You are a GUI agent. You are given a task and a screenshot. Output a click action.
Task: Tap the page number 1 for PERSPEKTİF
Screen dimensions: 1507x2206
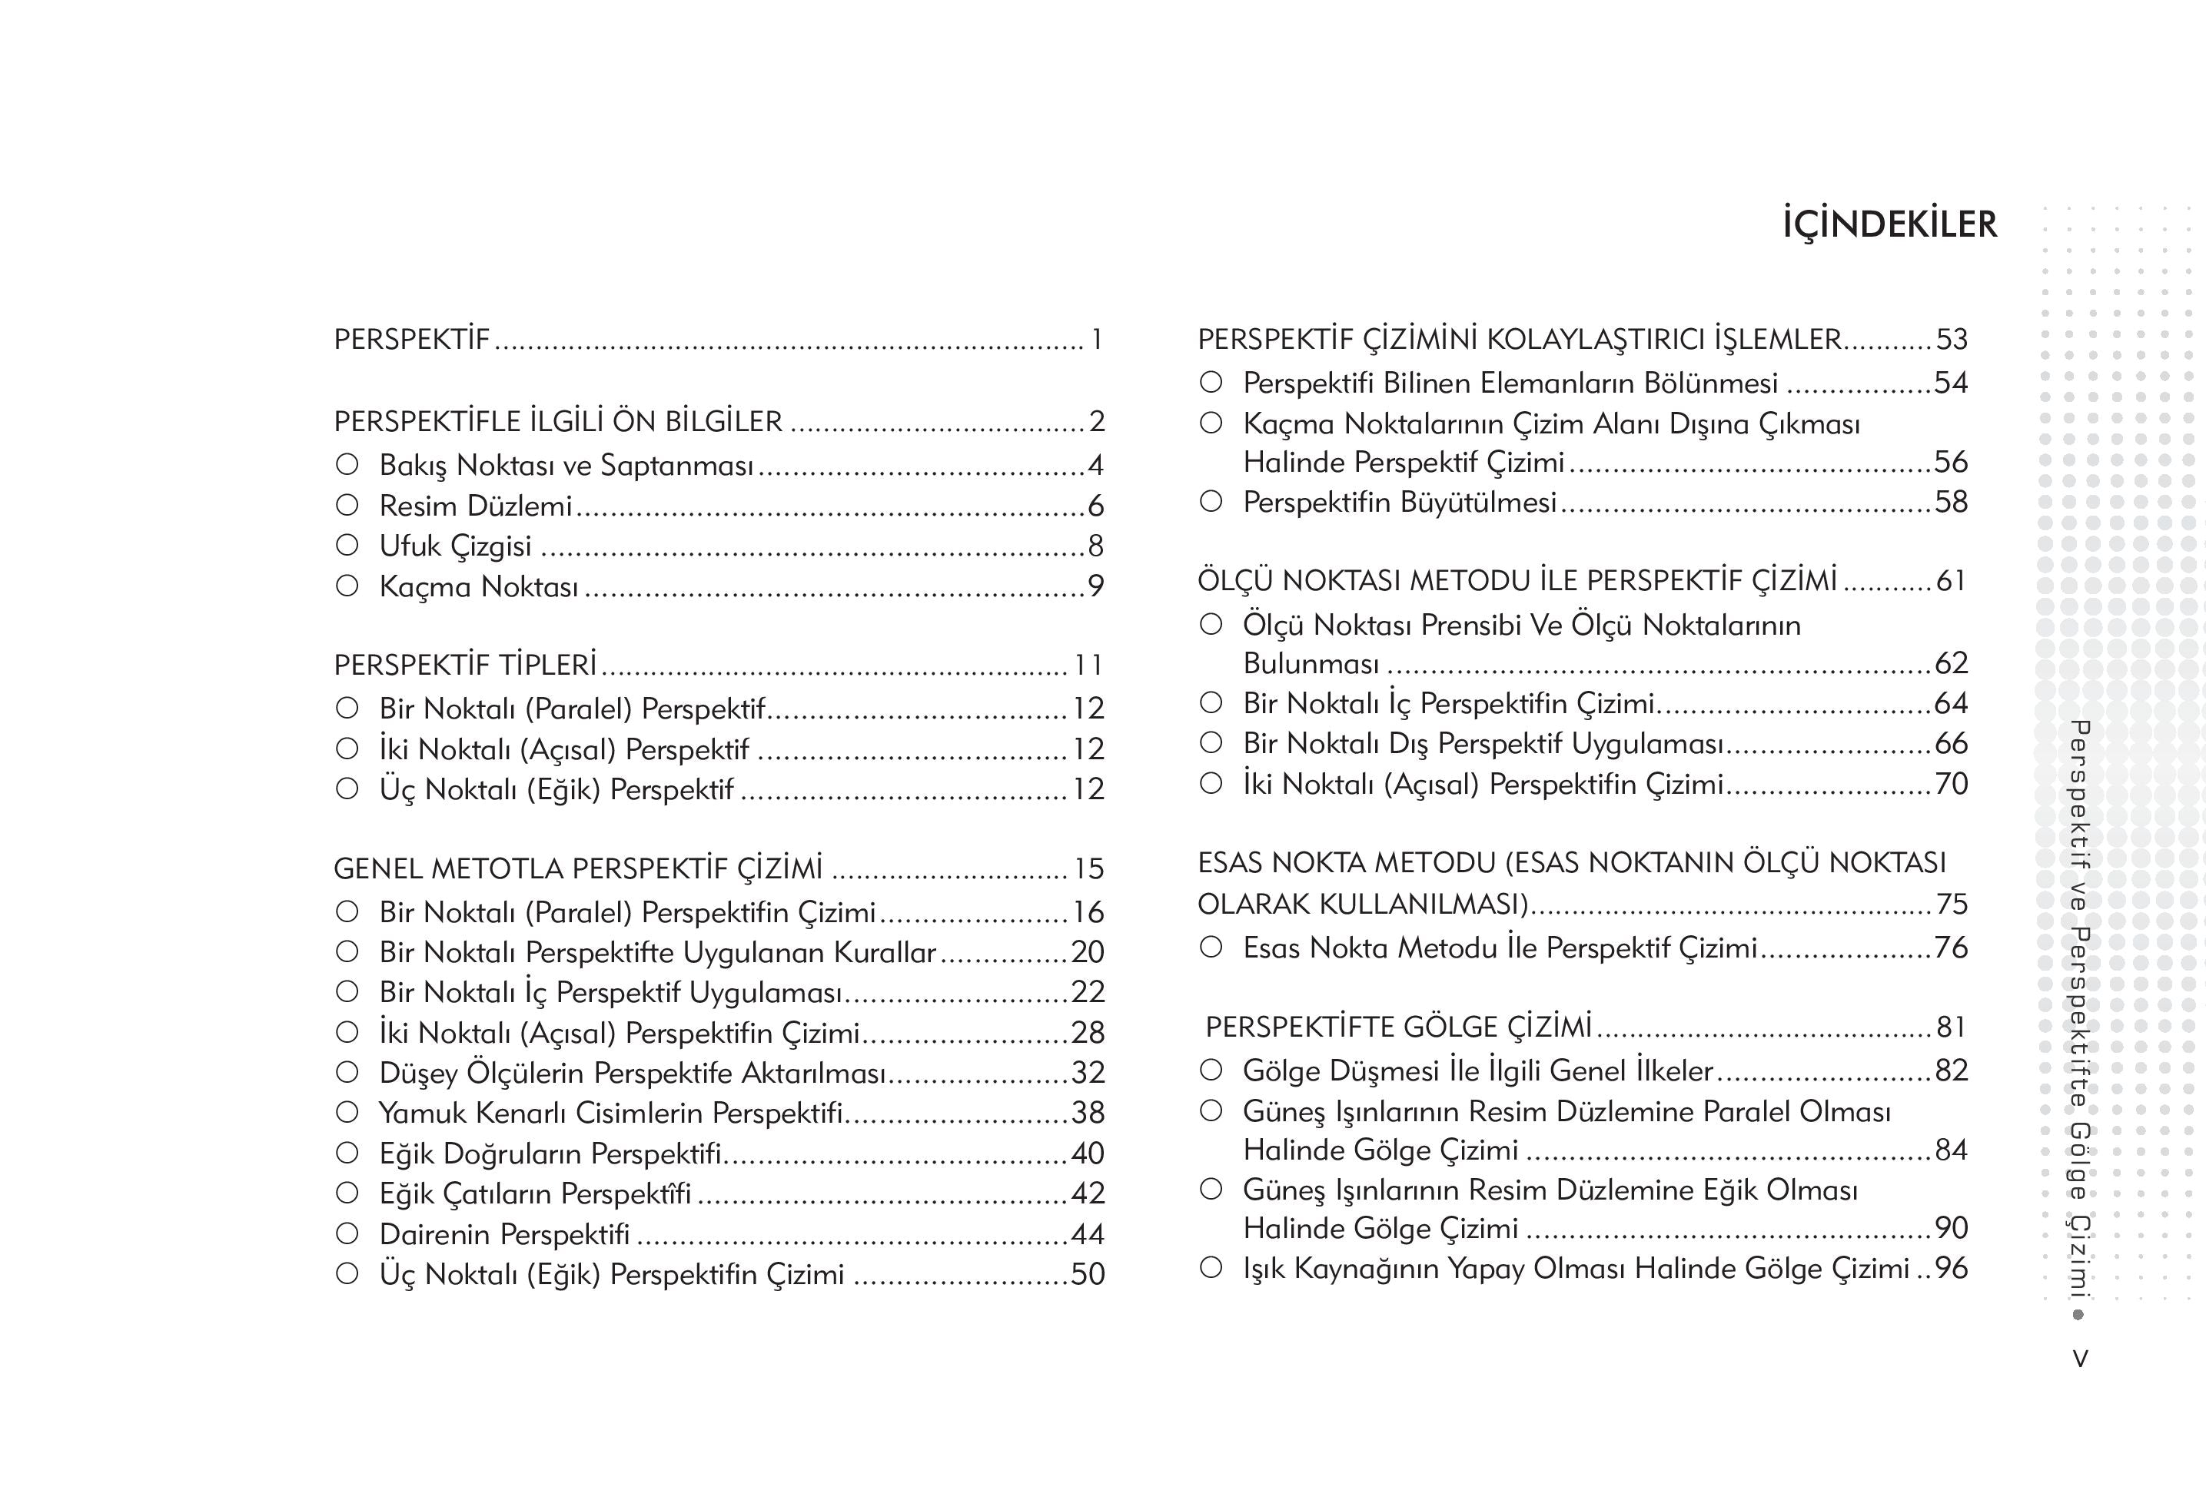click(1096, 340)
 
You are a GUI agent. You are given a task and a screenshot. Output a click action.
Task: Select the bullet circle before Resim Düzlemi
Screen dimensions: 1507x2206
click(347, 505)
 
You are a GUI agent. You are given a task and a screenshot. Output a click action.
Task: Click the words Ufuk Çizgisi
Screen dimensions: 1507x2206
click(455, 546)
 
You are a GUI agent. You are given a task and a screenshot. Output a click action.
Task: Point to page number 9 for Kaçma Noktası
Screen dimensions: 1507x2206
click(1095, 586)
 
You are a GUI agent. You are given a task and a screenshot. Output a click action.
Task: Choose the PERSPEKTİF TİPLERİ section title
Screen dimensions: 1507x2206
click(465, 666)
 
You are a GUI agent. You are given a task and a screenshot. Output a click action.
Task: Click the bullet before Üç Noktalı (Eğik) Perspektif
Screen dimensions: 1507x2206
click(347, 788)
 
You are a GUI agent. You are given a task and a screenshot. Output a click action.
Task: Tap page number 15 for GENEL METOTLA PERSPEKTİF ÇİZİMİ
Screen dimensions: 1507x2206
click(1088, 869)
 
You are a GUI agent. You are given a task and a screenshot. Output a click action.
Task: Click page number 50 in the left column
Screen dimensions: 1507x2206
click(1088, 1274)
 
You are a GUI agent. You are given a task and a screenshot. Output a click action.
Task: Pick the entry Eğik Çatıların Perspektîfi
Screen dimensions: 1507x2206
click(536, 1193)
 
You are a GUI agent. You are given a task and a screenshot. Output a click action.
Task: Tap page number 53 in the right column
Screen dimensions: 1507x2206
click(1952, 340)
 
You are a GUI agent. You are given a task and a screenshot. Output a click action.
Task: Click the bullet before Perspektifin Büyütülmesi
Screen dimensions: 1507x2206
click(1211, 501)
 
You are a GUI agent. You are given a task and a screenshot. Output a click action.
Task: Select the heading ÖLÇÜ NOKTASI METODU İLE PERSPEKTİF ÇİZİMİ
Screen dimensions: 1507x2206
click(1517, 581)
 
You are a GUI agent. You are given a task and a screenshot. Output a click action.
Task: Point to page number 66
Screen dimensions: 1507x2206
click(1952, 744)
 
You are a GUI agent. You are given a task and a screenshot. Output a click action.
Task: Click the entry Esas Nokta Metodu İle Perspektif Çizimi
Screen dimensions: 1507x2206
click(1500, 948)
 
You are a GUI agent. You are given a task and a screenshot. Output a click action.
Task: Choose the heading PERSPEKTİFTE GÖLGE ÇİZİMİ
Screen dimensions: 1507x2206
click(1398, 1027)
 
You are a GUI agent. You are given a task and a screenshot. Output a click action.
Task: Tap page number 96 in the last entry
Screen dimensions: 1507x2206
click(1952, 1269)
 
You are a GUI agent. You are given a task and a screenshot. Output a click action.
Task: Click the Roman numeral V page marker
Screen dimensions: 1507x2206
click(2080, 1359)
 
